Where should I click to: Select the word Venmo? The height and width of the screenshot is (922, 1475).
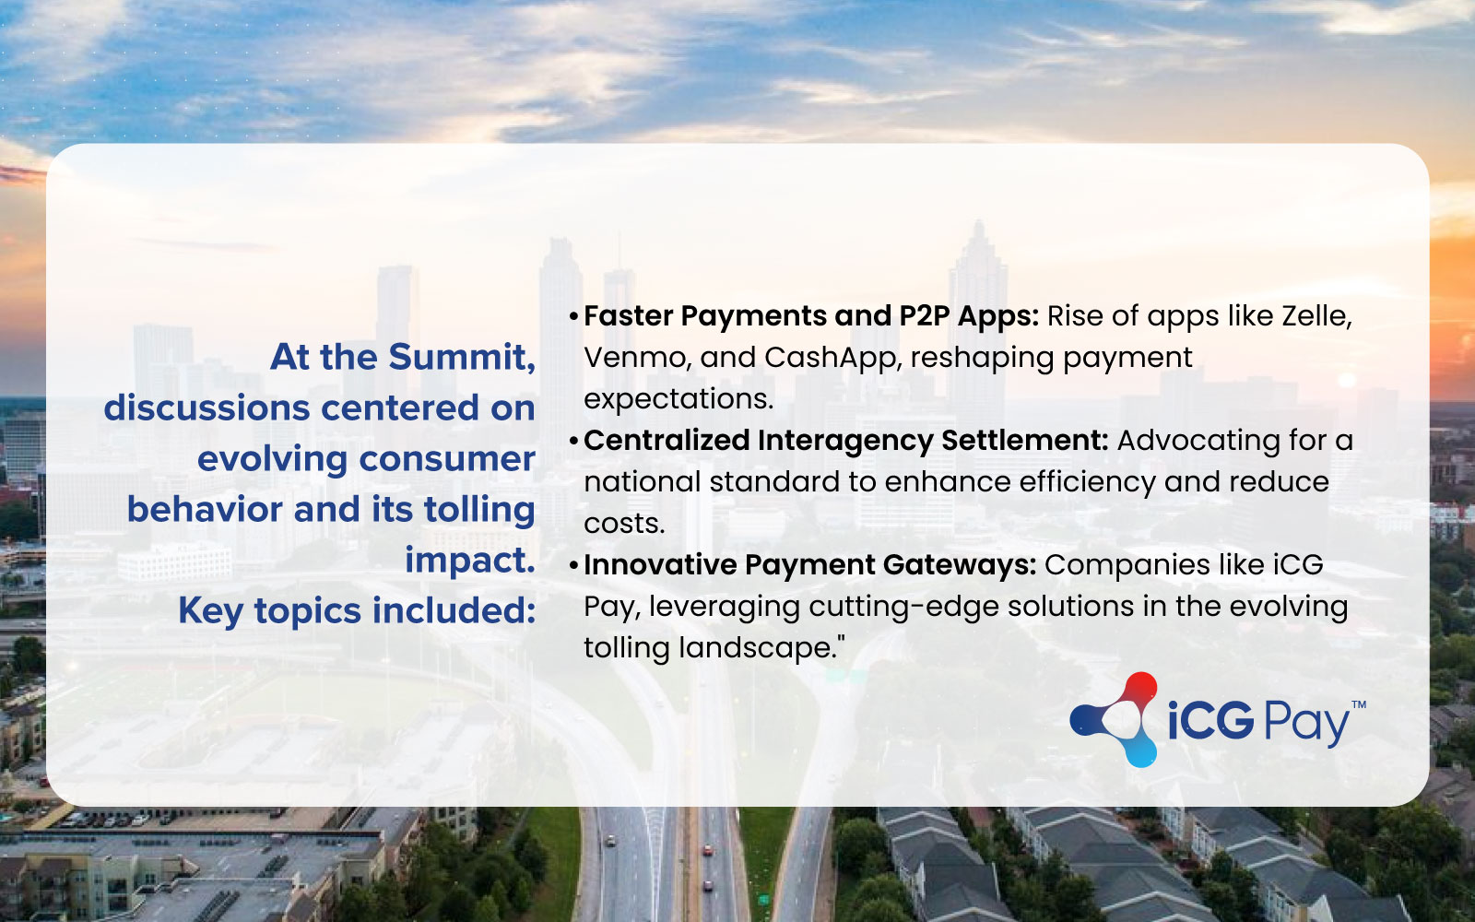click(637, 358)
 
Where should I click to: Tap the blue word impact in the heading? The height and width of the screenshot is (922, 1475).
click(469, 561)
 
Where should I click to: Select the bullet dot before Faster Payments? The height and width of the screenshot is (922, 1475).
click(573, 317)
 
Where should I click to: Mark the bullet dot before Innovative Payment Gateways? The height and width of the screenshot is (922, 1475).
click(573, 566)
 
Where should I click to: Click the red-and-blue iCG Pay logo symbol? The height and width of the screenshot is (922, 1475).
click(1115, 719)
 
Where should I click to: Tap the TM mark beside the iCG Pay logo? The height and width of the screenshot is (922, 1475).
click(1359, 704)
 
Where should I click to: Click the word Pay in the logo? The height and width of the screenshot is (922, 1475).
click(1306, 724)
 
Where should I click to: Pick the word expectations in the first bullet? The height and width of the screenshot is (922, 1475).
click(678, 400)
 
